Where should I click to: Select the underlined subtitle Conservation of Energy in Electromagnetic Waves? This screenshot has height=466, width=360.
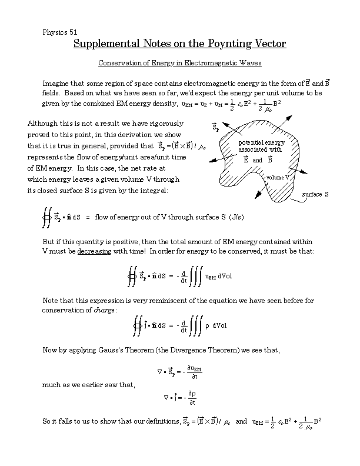[179, 62]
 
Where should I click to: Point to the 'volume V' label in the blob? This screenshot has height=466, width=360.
[278, 177]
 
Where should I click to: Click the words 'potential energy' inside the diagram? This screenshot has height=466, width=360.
[262, 143]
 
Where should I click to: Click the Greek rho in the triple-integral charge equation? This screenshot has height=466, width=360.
[207, 325]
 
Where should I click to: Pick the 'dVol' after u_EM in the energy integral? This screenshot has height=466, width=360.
[225, 277]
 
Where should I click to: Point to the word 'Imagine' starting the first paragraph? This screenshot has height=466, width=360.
[56, 82]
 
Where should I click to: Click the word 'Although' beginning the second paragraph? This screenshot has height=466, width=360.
[44, 124]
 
